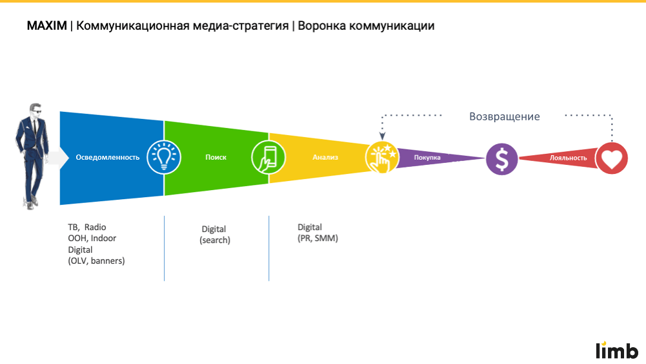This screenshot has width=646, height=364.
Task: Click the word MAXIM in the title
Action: pyautogui.click(x=46, y=27)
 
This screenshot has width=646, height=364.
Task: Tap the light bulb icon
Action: pyautogui.click(x=163, y=156)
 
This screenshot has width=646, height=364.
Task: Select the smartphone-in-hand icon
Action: pyautogui.click(x=268, y=156)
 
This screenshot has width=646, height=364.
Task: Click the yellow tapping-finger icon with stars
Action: pyautogui.click(x=381, y=157)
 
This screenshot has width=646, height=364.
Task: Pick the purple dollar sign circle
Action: pyautogui.click(x=501, y=158)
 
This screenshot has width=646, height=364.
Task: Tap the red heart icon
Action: pyautogui.click(x=611, y=158)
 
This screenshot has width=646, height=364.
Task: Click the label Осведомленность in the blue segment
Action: pyautogui.click(x=108, y=158)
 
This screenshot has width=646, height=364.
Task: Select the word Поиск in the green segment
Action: pyautogui.click(x=216, y=158)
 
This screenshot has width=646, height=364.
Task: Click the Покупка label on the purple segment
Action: pyautogui.click(x=427, y=158)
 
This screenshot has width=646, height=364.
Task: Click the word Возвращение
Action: pyautogui.click(x=504, y=117)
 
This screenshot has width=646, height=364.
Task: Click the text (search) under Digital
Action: pyautogui.click(x=215, y=241)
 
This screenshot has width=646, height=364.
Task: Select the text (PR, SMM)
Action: pyautogui.click(x=318, y=238)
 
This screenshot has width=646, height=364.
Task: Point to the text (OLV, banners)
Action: pyautogui.click(x=96, y=261)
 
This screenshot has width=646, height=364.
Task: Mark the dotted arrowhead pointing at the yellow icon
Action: pyautogui.click(x=381, y=136)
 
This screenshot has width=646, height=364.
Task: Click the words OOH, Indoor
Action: pyautogui.click(x=92, y=239)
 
